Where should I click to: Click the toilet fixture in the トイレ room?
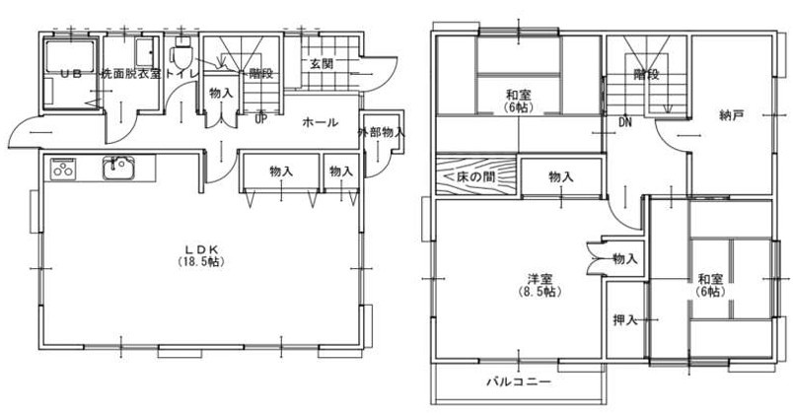(x=181, y=53)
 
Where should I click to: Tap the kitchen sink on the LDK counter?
(x=118, y=168)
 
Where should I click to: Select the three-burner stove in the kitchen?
(x=63, y=169)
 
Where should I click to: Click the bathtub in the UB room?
(x=70, y=56)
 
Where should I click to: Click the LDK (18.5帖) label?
(x=201, y=255)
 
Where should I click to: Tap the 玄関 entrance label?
(x=322, y=64)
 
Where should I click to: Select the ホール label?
(x=320, y=122)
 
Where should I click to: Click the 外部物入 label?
(x=382, y=133)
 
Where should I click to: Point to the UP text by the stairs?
(x=261, y=120)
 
